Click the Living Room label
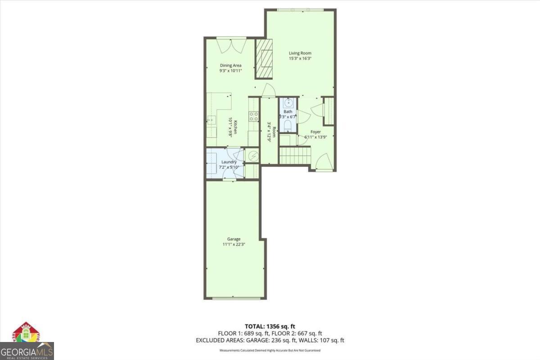[300, 53]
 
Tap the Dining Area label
[230, 65]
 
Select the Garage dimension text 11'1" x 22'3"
[234, 244]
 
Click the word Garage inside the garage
[234, 239]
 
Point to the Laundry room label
[229, 162]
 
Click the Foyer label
[315, 132]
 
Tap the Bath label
[288, 112]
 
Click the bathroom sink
[288, 103]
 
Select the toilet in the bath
[288, 124]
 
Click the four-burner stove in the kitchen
[254, 116]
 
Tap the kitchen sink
[210, 121]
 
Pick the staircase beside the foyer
[295, 156]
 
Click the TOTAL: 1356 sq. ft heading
[270, 326]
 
